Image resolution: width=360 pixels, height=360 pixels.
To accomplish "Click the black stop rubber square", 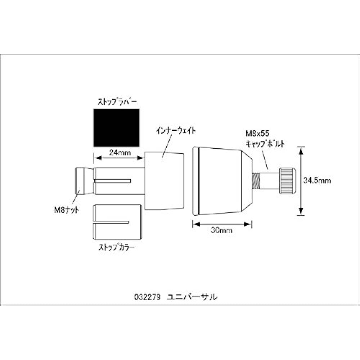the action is tap(116, 128).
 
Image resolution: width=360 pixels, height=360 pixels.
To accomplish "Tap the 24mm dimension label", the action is tap(120, 152).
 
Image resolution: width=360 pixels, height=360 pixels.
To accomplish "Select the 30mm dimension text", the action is tap(221, 230).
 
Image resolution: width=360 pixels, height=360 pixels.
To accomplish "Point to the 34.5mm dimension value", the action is tap(317, 180).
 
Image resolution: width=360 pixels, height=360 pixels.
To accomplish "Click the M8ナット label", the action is tap(67, 210).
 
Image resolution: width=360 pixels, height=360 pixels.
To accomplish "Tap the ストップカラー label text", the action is tap(116, 247).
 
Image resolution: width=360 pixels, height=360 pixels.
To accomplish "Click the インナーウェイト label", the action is tap(176, 131).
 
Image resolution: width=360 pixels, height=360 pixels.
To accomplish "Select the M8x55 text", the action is tap(257, 134).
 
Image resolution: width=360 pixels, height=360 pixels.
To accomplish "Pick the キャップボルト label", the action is tap(265, 144).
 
